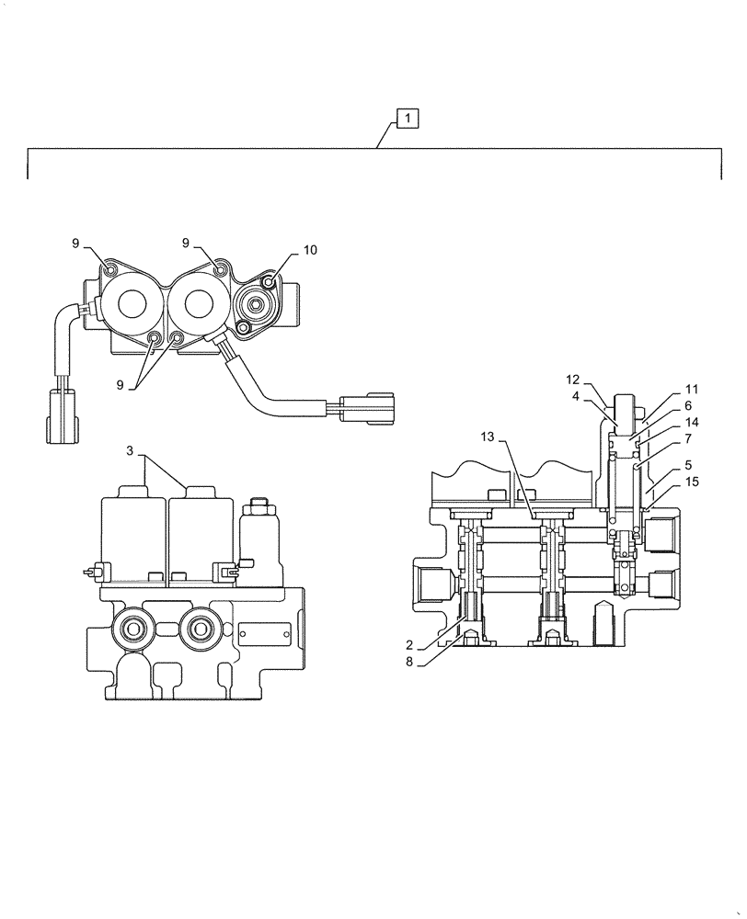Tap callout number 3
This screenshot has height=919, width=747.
click(131, 451)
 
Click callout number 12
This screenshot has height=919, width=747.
click(572, 379)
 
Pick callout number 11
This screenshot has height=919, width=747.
click(692, 389)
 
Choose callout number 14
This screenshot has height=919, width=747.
click(692, 422)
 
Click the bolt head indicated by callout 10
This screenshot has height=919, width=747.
click(270, 282)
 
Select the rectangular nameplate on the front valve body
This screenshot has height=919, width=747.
click(264, 632)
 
